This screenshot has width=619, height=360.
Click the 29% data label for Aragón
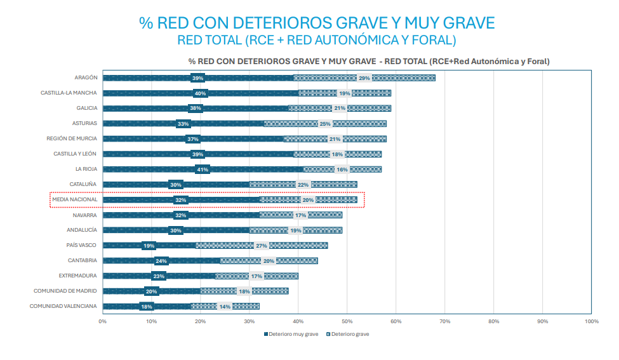[364, 78]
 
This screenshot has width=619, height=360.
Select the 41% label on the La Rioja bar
[203, 170]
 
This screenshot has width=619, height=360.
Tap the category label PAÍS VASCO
[82, 245]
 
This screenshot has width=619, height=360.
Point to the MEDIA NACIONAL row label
[75, 199]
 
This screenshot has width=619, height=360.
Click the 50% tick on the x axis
[347, 321]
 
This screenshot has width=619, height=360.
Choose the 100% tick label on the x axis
[591, 321]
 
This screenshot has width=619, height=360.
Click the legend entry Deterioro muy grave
[291, 333]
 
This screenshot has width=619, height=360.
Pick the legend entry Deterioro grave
[347, 333]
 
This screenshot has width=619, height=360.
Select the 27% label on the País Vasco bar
[262, 245]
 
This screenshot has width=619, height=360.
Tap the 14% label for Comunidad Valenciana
[225, 307]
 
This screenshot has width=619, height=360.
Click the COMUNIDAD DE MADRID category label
[66, 291]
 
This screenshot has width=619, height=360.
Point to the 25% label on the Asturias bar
[325, 124]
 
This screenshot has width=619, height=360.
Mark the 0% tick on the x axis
[102, 321]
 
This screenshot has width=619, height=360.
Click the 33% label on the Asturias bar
[183, 124]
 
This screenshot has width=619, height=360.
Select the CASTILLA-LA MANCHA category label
[69, 93]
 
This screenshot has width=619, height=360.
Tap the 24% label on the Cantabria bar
[161, 261]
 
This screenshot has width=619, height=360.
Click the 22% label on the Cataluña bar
[303, 185]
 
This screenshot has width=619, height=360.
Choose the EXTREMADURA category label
[78, 276]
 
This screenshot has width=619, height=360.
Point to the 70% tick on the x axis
[444, 321]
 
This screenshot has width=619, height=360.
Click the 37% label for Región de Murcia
[193, 139]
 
